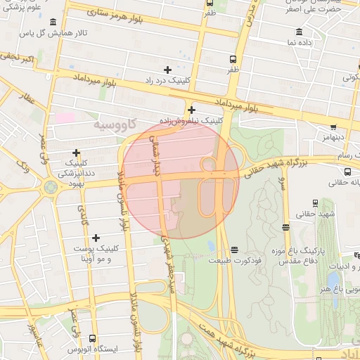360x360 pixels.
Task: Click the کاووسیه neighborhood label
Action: (108, 124)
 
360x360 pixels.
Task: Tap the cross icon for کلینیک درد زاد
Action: (167, 70)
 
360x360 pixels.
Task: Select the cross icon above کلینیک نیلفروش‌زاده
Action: (191, 110)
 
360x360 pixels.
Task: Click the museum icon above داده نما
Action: (300, 32)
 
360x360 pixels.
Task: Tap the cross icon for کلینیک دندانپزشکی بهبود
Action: (76, 153)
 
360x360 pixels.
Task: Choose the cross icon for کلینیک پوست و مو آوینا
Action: (96, 238)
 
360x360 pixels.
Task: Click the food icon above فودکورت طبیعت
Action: (234, 250)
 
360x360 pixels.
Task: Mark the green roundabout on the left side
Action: (50, 187)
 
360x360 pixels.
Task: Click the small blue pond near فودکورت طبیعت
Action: (211, 246)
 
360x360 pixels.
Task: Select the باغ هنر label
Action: (337, 289)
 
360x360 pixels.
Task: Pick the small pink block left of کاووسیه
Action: (65, 117)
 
